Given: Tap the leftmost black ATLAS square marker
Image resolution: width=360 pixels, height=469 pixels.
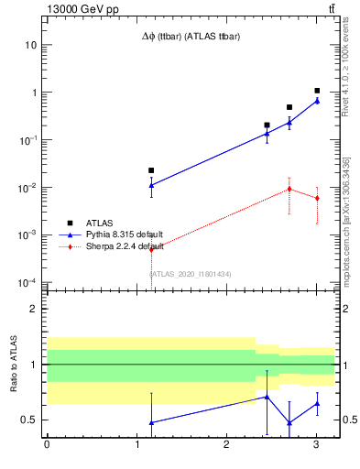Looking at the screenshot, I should (151, 170).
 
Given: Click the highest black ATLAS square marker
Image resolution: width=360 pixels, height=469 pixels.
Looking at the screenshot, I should (317, 91).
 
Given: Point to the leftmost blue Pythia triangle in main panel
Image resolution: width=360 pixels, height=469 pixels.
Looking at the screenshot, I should (151, 185).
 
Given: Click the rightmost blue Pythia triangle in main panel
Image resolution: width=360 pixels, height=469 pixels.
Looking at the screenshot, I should (317, 101).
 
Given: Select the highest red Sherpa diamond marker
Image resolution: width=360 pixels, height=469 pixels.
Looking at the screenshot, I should (289, 189).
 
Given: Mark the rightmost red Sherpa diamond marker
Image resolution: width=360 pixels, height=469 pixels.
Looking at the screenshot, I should (317, 198).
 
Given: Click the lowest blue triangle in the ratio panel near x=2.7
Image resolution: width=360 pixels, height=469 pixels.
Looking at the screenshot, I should (289, 422).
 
